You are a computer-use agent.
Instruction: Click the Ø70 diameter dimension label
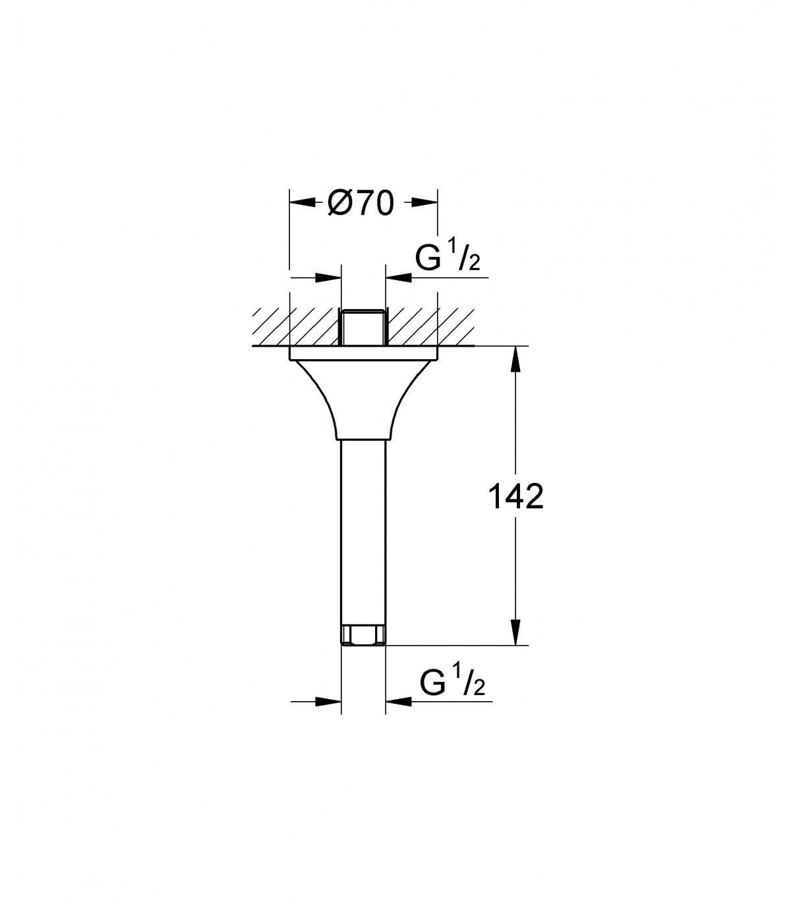pyautogui.click(x=360, y=204)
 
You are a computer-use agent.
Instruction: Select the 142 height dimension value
pyautogui.click(x=515, y=497)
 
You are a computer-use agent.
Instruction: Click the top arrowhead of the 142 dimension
pyautogui.click(x=515, y=360)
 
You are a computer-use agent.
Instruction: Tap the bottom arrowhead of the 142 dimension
pyautogui.click(x=515, y=633)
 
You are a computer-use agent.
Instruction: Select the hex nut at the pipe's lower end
pyautogui.click(x=363, y=636)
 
